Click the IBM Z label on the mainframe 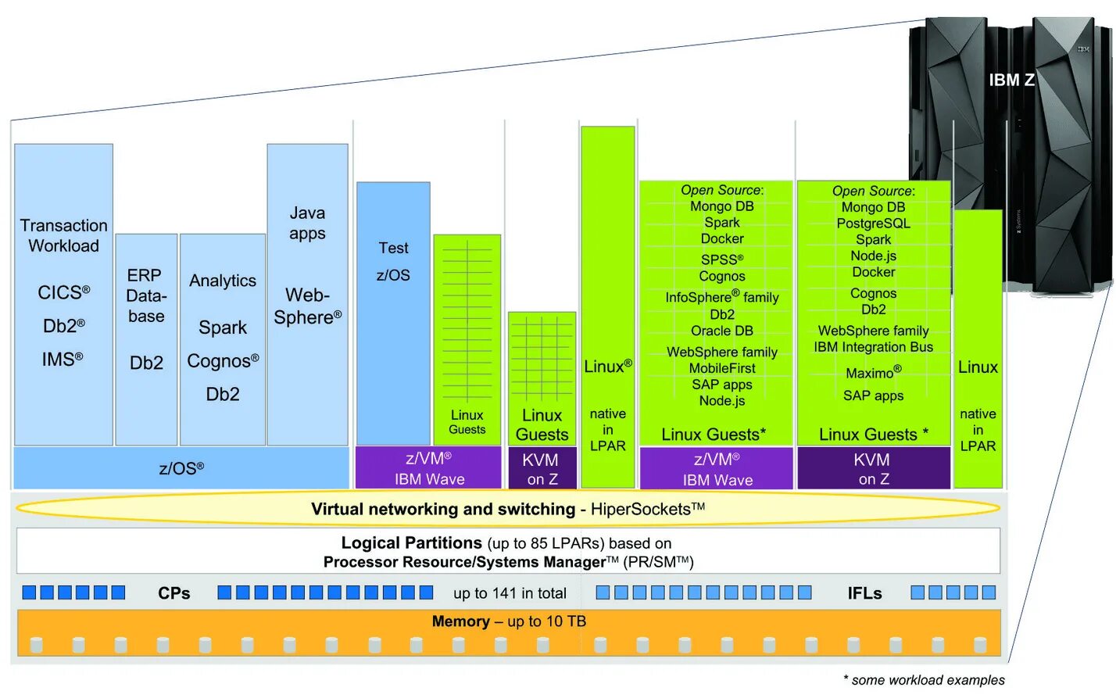coord(1011,81)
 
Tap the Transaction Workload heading coord(63,235)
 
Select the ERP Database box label coord(146,295)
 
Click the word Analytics coord(223,281)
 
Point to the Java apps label coord(307,223)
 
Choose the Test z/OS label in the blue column coord(393,261)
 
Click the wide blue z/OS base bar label coord(181,468)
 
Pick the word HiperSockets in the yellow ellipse coord(642,510)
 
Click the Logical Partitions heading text coord(411,542)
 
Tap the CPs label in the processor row coord(173,593)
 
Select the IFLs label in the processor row coord(864,594)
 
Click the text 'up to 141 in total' coord(510,593)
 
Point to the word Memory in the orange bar coord(460,621)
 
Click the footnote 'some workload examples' coord(928,680)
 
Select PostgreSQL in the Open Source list coord(873,224)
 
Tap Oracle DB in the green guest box coord(721,331)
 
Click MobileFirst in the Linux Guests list coord(721,368)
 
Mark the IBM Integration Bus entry coord(873,347)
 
